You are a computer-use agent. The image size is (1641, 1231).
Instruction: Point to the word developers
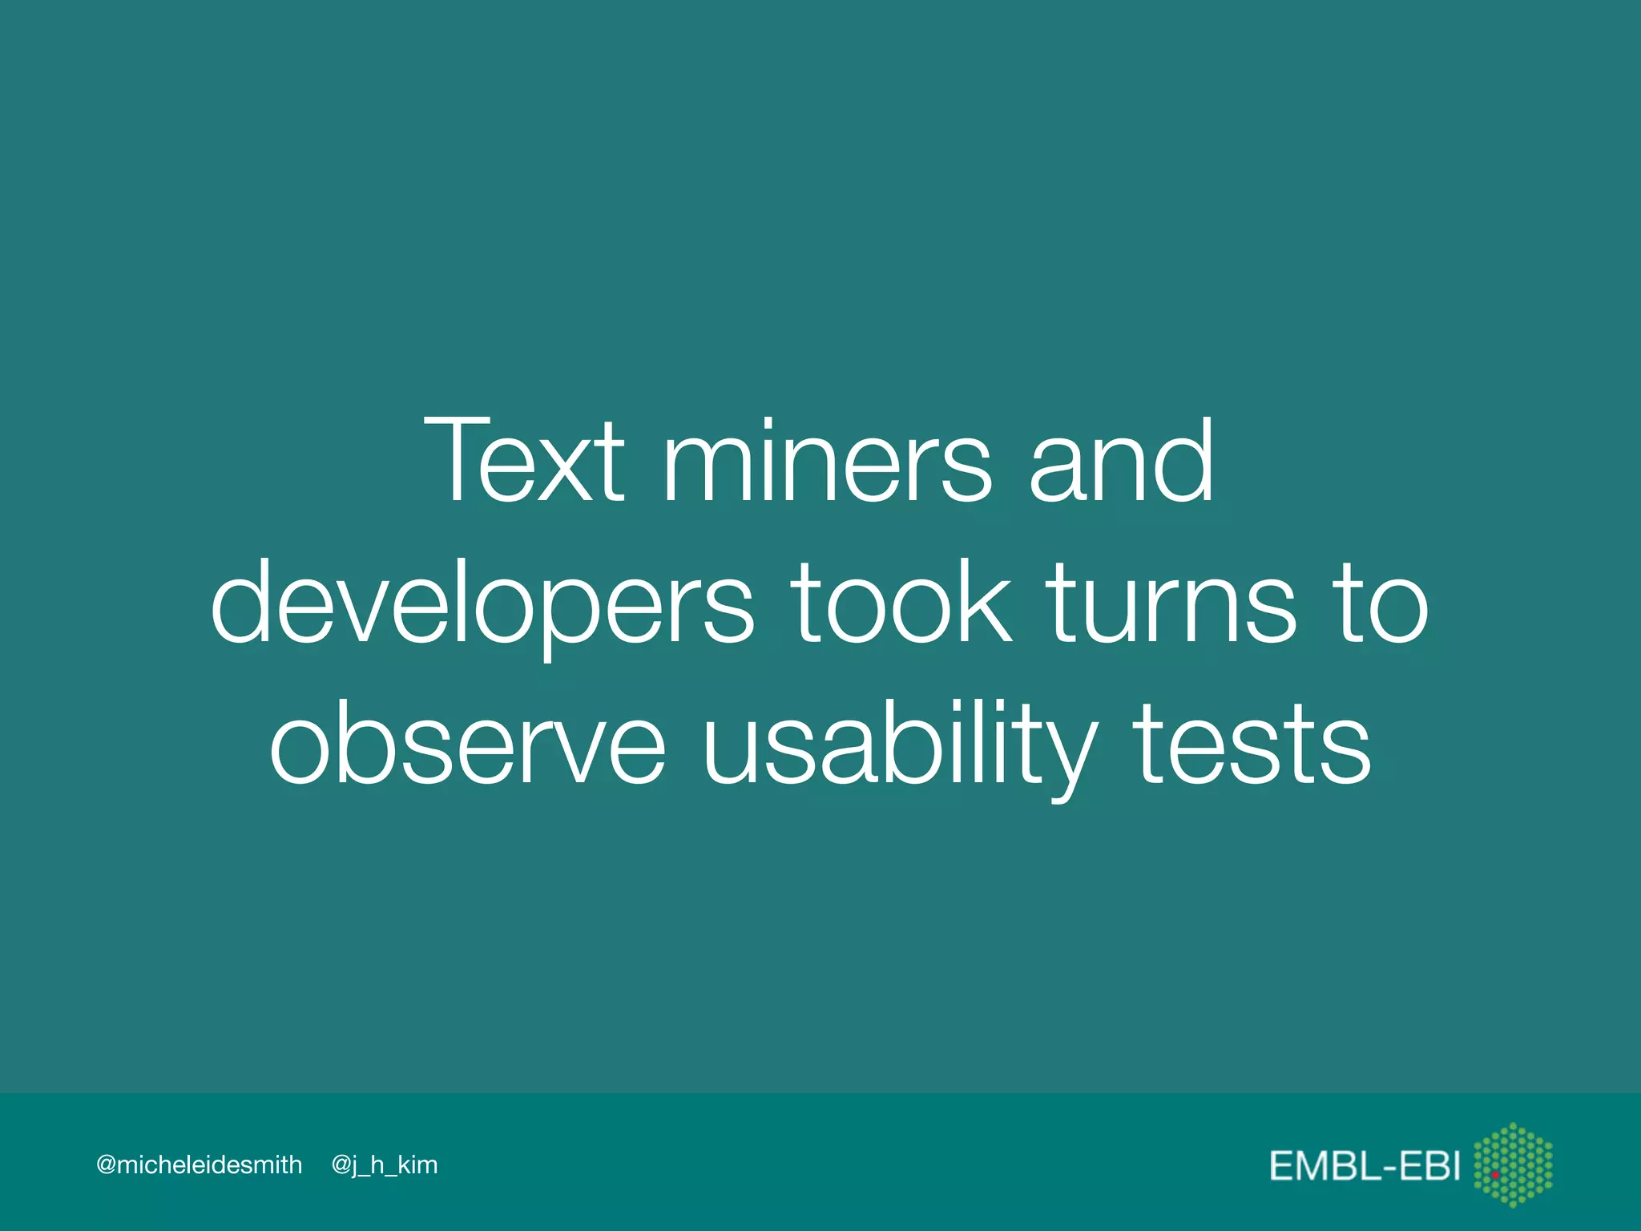point(482,603)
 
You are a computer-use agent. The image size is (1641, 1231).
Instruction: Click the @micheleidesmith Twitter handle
point(199,1164)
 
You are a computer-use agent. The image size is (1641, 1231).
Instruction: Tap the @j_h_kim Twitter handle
point(385,1165)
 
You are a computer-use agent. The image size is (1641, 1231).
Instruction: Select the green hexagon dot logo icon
point(1513,1164)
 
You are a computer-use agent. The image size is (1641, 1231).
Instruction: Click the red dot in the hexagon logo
point(1495,1175)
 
